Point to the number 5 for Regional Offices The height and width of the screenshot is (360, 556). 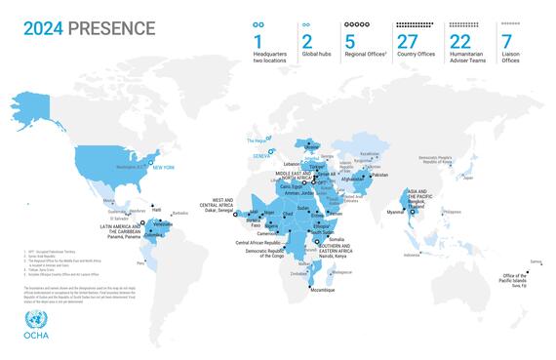tap(350, 41)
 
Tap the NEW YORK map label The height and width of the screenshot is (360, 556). tap(162, 169)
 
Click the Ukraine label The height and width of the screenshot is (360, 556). tap(312, 147)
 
